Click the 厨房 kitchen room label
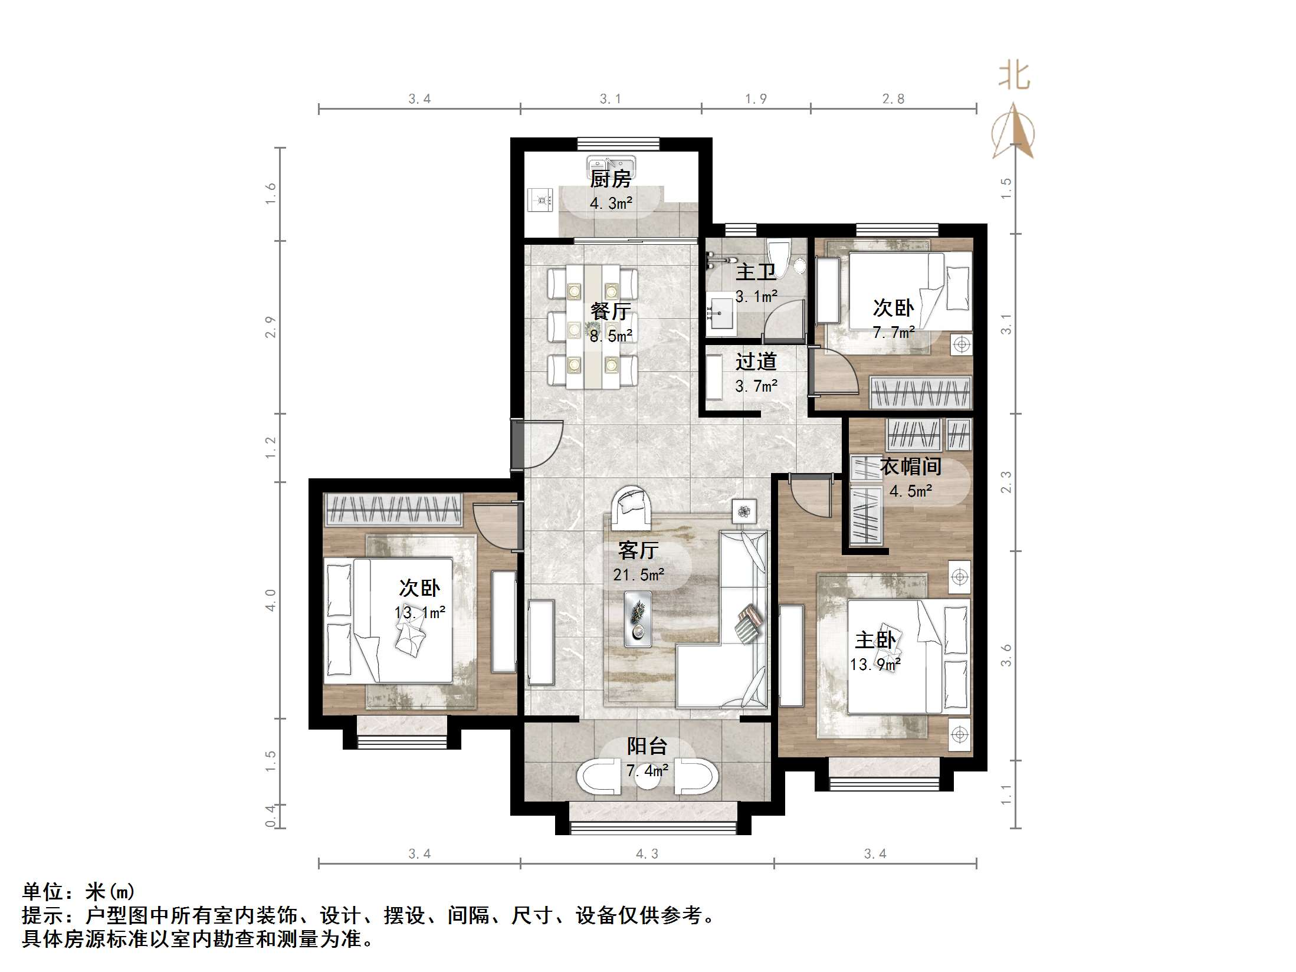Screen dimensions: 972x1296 point(611,179)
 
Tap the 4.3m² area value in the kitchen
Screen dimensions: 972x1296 point(611,203)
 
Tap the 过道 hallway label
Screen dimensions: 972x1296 point(756,362)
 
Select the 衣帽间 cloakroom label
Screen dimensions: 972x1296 point(910,467)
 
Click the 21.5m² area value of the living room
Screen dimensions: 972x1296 point(638,574)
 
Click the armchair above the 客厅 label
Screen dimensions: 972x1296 point(631,507)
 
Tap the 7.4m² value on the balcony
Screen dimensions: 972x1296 point(647,770)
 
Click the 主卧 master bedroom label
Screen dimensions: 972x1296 point(875,640)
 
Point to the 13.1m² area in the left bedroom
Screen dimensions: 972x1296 point(419,613)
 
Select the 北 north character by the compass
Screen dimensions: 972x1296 point(1013,77)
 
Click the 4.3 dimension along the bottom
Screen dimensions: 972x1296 point(647,853)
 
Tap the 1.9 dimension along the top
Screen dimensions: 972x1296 point(756,99)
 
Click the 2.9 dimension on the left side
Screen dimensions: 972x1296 point(270,327)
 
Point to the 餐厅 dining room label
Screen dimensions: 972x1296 point(611,311)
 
